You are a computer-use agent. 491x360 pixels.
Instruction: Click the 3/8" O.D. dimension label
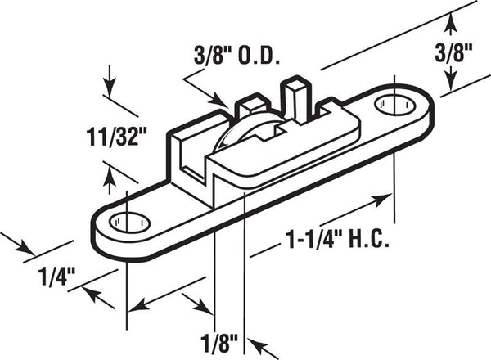point(236,56)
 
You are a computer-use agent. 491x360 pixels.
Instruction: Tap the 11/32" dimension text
point(112,137)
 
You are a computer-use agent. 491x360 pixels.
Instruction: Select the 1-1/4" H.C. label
point(337,240)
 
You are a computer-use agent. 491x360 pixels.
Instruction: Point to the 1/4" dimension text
point(56,276)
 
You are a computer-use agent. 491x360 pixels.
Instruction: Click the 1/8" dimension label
point(219,343)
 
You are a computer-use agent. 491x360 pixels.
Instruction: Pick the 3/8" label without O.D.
point(453,53)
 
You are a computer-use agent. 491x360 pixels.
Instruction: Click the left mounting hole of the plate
point(129,223)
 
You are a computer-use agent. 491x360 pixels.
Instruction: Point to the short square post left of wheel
point(253,102)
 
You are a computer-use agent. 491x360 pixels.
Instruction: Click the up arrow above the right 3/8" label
point(451,25)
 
